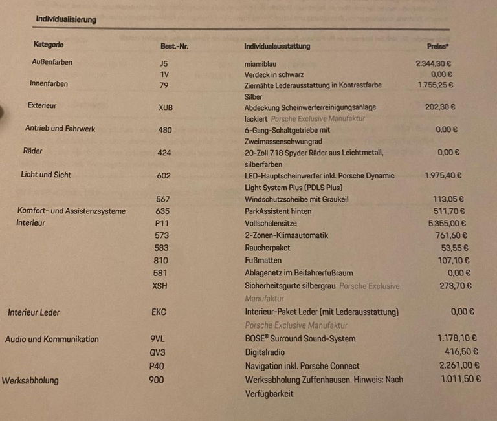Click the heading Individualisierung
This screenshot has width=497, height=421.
point(66,19)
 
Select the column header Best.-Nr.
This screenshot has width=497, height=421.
point(174,47)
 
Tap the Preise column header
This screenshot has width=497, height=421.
point(438,47)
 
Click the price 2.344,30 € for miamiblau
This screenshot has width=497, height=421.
point(434,64)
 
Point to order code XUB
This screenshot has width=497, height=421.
point(166,107)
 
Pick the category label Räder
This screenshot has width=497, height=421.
point(33,151)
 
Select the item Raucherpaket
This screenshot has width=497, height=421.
point(268,248)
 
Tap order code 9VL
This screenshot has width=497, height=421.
point(158,338)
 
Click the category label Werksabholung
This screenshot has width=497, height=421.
point(30,380)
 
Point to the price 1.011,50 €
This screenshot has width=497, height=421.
point(460,379)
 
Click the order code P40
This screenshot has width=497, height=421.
point(158,365)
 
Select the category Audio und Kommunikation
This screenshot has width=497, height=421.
point(52,339)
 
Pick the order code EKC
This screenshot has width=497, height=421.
point(159,312)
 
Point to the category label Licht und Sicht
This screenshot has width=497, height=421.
point(46,175)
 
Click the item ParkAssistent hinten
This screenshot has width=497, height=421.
point(278,211)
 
